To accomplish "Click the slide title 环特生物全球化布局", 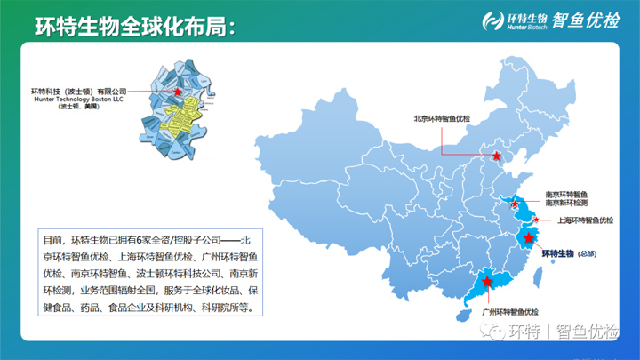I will tap(133, 27).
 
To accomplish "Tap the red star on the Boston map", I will tap(178, 92).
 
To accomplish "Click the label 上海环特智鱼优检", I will tap(584, 220).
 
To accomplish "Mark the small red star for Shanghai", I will tap(536, 220).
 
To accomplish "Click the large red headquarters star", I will tap(530, 237).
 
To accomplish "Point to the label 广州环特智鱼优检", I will tap(510, 312).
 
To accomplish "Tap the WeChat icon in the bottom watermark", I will tap(494, 332).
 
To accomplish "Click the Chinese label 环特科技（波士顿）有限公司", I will tap(79, 91).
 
